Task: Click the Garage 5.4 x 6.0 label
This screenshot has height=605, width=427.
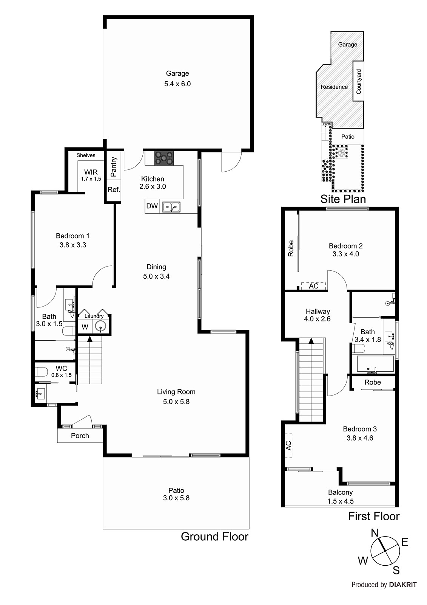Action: [x=177, y=79]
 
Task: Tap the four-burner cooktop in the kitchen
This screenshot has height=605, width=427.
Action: [x=164, y=158]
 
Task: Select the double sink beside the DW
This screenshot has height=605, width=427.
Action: [x=171, y=207]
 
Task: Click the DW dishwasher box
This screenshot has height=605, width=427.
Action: [x=152, y=206]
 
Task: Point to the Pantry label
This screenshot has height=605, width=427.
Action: [x=114, y=167]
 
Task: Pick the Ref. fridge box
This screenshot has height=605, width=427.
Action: [x=114, y=190]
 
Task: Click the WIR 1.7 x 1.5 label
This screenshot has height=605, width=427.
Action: [x=91, y=175]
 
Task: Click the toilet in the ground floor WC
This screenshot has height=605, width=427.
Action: [x=41, y=372]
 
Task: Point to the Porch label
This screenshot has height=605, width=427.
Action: [x=80, y=436]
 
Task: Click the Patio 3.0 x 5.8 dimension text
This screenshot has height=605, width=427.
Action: [x=176, y=498]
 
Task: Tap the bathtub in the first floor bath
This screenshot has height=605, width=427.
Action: [x=375, y=364]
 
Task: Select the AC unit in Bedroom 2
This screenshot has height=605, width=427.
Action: [x=313, y=286]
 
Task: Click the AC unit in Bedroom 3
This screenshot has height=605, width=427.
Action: [x=289, y=445]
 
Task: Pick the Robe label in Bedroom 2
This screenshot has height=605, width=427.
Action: [x=291, y=248]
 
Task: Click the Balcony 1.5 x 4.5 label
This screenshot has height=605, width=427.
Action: [x=340, y=496]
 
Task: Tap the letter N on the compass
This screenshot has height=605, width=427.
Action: [x=374, y=533]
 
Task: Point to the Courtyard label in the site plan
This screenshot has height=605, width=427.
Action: [x=359, y=82]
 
